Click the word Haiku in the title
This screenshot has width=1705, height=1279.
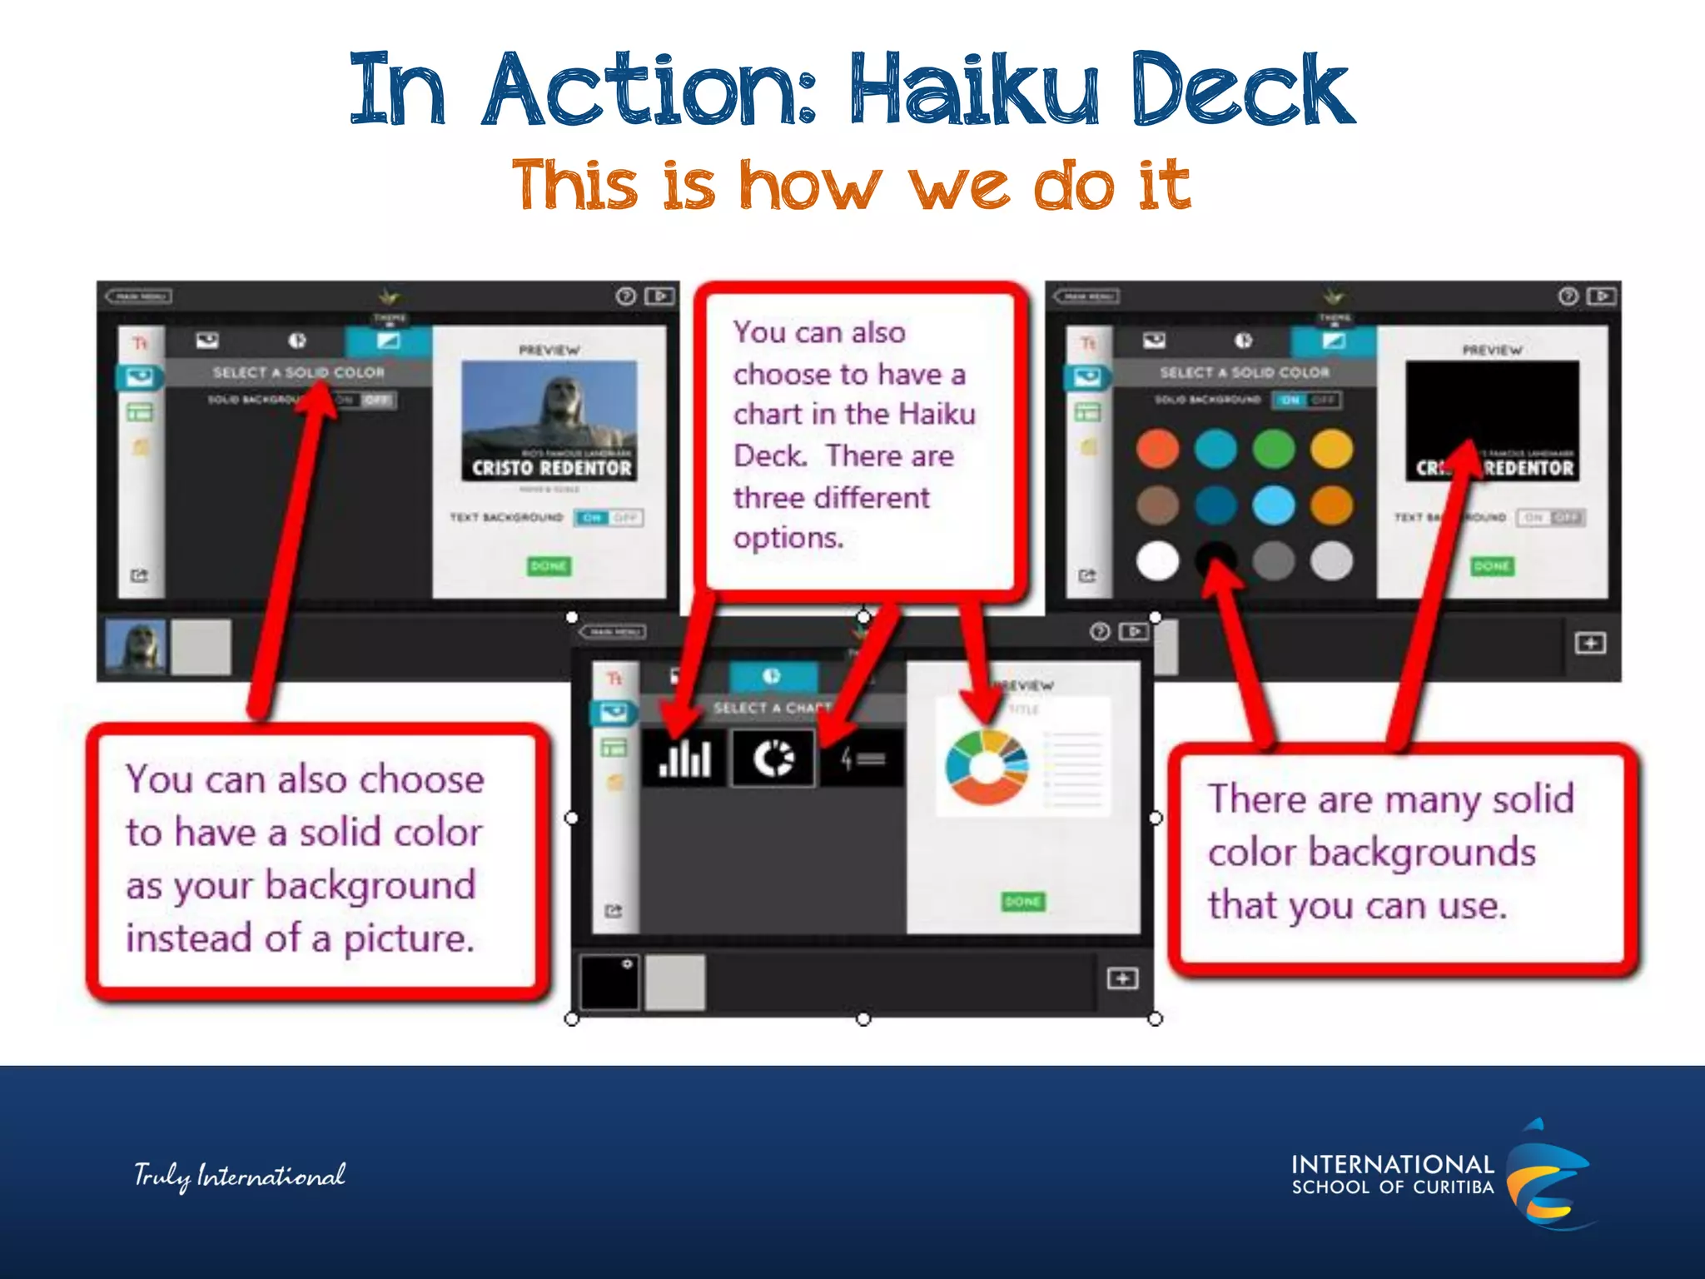point(974,90)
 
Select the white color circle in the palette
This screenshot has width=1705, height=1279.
point(1157,560)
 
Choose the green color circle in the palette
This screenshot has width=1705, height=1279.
point(1274,449)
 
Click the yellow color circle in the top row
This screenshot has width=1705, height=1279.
point(1331,449)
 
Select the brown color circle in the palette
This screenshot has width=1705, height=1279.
point(1157,505)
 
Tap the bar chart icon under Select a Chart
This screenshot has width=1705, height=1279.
point(684,759)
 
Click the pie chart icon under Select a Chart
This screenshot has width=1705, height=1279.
point(773,759)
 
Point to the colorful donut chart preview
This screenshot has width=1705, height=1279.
point(987,767)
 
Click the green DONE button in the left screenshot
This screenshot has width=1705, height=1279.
point(548,566)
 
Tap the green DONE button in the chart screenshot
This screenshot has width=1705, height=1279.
point(1022,902)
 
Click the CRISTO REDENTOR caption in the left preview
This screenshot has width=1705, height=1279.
point(551,469)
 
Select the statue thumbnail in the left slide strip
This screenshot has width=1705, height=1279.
point(136,646)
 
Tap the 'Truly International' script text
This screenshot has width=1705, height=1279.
point(240,1175)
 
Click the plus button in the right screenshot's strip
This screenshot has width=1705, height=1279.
point(1590,644)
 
